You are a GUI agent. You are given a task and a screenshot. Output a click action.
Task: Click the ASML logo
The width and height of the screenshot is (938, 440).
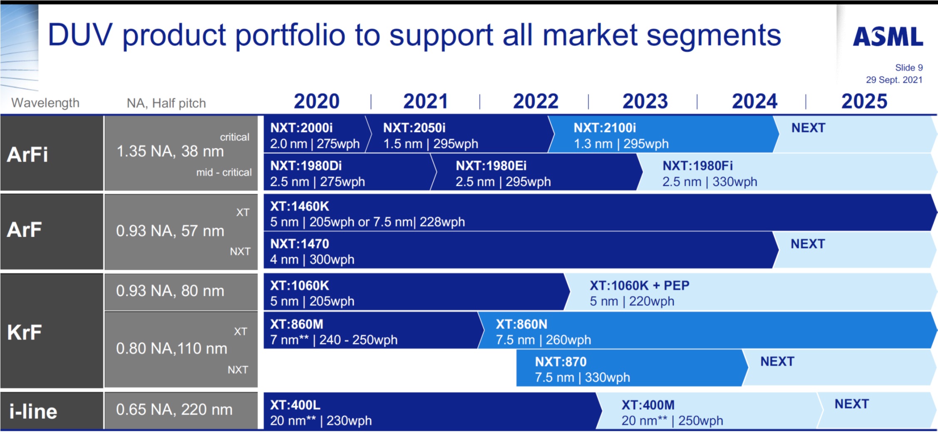(888, 37)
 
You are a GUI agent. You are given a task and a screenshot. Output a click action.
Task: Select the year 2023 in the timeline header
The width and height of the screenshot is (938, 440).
(645, 101)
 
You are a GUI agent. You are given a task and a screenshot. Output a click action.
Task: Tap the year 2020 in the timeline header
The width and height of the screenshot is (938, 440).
(317, 101)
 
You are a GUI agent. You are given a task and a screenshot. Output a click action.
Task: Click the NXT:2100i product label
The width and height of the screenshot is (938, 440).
(605, 128)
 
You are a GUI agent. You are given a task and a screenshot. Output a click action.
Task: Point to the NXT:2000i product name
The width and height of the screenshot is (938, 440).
(301, 128)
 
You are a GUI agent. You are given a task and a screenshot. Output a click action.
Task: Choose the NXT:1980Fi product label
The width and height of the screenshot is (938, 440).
(697, 166)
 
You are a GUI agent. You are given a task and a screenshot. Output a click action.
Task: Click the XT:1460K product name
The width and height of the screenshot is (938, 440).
(300, 206)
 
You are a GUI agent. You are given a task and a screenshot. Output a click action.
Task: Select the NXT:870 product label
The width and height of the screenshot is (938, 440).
(561, 362)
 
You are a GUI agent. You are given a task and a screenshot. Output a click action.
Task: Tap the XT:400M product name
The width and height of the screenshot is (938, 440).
(648, 405)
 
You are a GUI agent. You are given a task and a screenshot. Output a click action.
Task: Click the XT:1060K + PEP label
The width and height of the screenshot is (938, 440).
(639, 285)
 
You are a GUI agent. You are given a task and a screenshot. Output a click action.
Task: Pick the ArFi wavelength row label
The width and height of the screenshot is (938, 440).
(27, 155)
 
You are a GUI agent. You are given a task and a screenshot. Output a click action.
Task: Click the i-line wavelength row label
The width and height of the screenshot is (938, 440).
(33, 412)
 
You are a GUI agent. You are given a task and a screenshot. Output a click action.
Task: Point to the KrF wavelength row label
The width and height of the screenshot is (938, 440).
(25, 332)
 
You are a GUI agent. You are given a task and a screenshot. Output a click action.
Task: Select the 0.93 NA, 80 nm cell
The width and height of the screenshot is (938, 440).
(170, 291)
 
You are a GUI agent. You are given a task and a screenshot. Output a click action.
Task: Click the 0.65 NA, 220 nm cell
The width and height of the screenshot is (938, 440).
(174, 410)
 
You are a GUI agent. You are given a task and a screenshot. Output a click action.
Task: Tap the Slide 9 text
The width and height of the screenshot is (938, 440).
(908, 67)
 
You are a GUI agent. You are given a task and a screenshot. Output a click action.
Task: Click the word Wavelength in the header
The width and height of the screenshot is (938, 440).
(45, 102)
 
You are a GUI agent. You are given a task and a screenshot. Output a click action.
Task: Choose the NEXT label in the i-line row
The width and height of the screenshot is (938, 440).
(851, 404)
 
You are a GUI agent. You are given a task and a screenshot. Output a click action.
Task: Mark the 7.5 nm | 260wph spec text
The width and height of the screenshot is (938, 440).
(543, 340)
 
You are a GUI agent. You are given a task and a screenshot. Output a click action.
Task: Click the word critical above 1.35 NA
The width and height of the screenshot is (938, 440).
(234, 137)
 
